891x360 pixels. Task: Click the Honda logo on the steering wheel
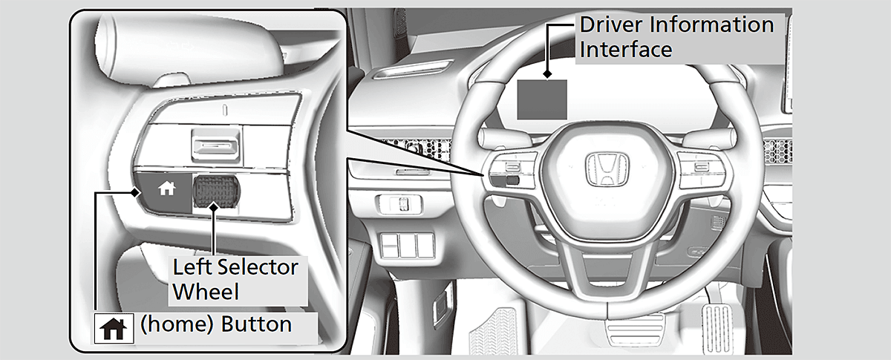pyautogui.click(x=607, y=170)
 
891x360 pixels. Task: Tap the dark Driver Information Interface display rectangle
pyautogui.click(x=542, y=99)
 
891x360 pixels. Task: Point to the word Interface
pyautogui.click(x=626, y=49)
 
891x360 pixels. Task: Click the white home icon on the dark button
pyautogui.click(x=166, y=188)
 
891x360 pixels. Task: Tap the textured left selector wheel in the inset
pyautogui.click(x=216, y=192)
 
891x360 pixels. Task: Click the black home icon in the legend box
pyautogui.click(x=114, y=329)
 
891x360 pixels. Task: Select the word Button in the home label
pyautogui.click(x=256, y=324)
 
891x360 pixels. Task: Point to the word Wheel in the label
pyautogui.click(x=206, y=292)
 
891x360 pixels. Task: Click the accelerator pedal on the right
pyautogui.click(x=717, y=329)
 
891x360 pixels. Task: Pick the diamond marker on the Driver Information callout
pyautogui.click(x=548, y=74)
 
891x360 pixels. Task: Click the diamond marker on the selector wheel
pyautogui.click(x=214, y=207)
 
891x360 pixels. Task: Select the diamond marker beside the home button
pyautogui.click(x=135, y=193)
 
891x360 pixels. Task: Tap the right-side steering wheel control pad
pyautogui.click(x=702, y=170)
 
